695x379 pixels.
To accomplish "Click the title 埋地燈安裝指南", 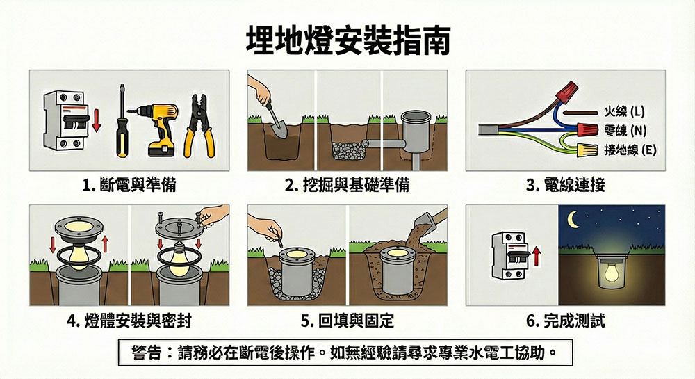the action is pos(348,40).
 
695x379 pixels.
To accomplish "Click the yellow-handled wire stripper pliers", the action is pos(199,127).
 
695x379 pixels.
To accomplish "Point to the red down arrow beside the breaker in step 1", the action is pos(96,120).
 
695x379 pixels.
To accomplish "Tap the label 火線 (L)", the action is pos(625,111).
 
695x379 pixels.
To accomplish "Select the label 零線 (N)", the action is pos(625,130).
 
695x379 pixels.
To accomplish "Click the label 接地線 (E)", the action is pos(630,150).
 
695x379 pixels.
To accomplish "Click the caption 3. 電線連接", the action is pos(566,184).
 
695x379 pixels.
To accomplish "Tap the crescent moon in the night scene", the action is pos(573,219).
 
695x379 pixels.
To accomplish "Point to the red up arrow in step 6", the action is pos(537,257).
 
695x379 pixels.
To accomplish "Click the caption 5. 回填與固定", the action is pos(347,321).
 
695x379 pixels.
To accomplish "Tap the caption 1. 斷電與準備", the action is pos(129,184).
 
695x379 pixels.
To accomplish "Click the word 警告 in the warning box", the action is pos(147,353).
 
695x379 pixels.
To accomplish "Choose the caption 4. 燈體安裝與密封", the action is pos(129,321).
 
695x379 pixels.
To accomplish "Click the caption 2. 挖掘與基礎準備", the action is pos(347,184).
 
